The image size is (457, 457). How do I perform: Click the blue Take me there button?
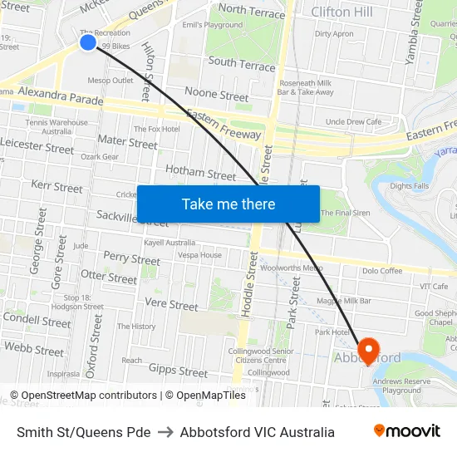228,204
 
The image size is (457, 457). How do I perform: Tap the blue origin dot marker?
88,42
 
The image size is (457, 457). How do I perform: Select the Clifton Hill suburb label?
342,12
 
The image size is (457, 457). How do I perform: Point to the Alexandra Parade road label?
61,96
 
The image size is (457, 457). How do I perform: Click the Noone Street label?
217,95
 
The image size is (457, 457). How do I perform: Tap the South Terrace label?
242,63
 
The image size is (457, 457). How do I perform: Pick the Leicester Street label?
37,147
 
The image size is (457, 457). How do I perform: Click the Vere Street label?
172,305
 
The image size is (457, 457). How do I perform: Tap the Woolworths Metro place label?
291,268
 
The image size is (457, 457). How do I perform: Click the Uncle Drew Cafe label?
353,122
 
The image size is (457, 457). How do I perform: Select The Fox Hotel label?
157,129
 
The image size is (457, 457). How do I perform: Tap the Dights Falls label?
410,186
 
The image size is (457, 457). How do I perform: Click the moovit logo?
407,431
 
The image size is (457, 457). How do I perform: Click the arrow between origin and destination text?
165,432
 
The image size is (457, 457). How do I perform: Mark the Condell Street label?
37,320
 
